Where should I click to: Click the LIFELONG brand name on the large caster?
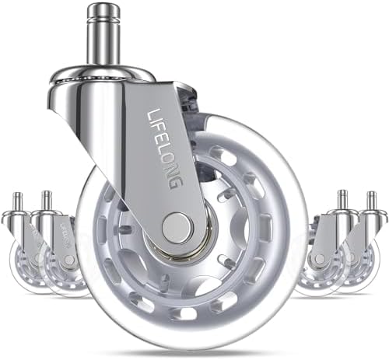165,149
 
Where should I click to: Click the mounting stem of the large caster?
103,37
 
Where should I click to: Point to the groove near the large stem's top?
103,18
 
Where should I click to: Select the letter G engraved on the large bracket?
176,183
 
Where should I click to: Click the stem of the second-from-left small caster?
47,201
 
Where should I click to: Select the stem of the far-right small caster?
372,201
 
